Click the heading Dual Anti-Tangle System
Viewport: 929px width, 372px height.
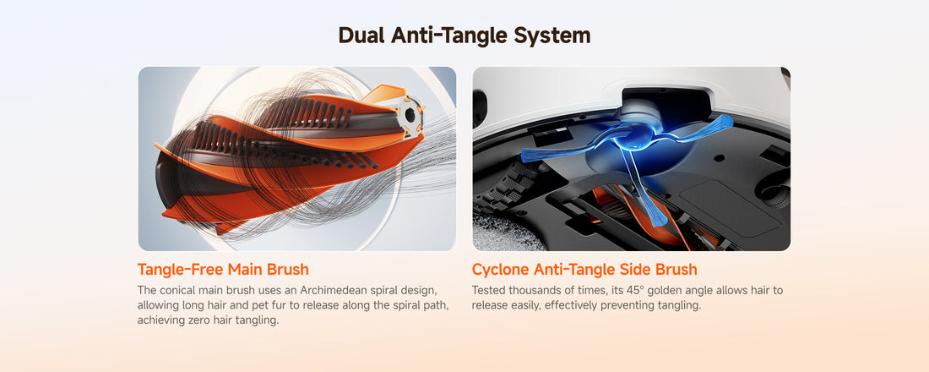point(464,35)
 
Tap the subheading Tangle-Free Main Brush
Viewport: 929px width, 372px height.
point(223,270)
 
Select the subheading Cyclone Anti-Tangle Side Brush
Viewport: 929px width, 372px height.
point(584,270)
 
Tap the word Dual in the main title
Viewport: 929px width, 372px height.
point(362,35)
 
